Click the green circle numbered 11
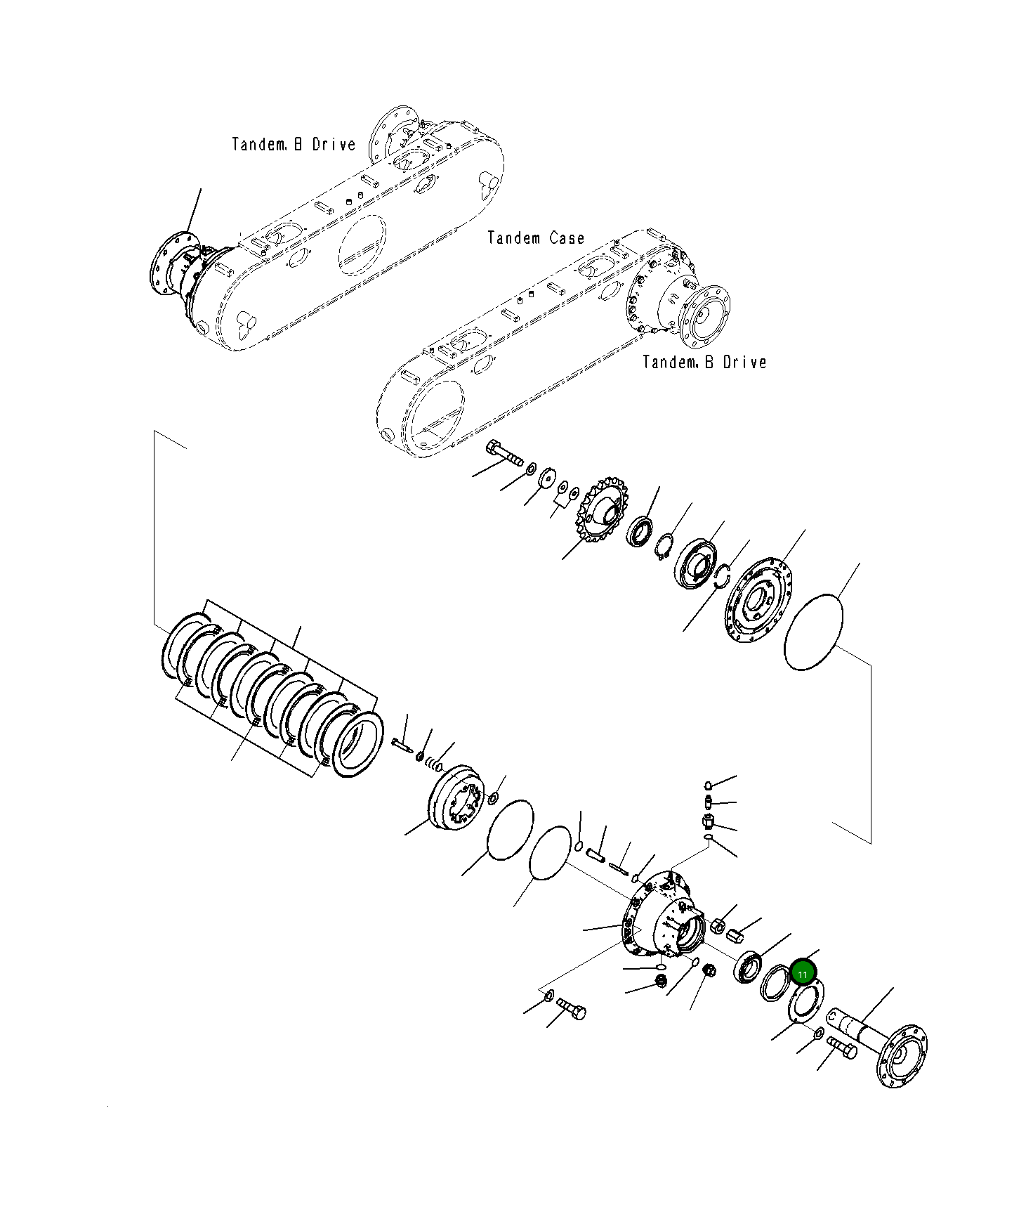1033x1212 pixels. click(x=802, y=974)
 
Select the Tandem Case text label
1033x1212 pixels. click(x=536, y=238)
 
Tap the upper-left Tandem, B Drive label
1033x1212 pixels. click(x=294, y=145)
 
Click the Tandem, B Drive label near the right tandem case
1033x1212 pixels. click(x=704, y=363)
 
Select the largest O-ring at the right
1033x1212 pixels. click(x=812, y=632)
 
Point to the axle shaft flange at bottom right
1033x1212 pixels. click(x=902, y=1056)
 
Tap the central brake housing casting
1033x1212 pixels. click(x=664, y=915)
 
